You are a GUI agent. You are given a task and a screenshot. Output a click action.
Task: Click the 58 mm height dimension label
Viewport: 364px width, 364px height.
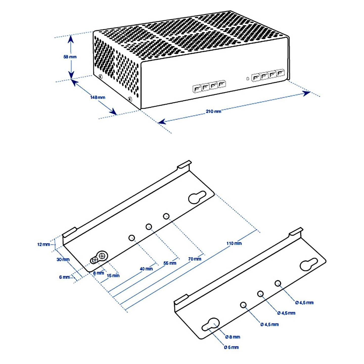(x=70, y=57)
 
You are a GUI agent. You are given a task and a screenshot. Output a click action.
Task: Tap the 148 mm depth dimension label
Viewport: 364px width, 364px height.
(x=98, y=98)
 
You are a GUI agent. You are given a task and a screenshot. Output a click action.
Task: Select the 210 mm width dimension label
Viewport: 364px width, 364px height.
(x=213, y=111)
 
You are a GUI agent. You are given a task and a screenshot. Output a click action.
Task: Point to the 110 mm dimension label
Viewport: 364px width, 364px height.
(x=234, y=243)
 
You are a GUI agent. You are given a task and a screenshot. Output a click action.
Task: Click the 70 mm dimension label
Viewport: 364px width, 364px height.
(x=195, y=259)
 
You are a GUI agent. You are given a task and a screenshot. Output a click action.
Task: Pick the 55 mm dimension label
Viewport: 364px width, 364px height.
(x=170, y=263)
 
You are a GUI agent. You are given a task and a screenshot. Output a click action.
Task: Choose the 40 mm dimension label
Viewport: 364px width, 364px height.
(x=146, y=269)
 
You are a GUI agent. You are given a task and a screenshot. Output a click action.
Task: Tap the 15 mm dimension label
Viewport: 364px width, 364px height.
(x=113, y=276)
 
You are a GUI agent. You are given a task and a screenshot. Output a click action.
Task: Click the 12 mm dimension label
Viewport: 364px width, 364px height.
(x=44, y=245)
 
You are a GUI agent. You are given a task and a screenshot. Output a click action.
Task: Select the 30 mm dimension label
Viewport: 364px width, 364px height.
(x=63, y=260)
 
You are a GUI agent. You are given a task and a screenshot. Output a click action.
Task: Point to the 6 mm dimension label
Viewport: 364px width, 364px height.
(x=64, y=277)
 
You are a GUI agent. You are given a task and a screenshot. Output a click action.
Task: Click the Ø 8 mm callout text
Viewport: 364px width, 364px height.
(x=233, y=337)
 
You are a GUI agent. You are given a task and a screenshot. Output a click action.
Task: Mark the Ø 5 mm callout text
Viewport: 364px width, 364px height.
(x=231, y=347)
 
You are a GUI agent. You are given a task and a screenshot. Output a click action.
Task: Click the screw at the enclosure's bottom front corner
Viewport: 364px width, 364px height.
(x=130, y=99)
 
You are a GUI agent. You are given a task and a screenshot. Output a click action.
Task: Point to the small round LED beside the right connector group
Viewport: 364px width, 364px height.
(x=248, y=78)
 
